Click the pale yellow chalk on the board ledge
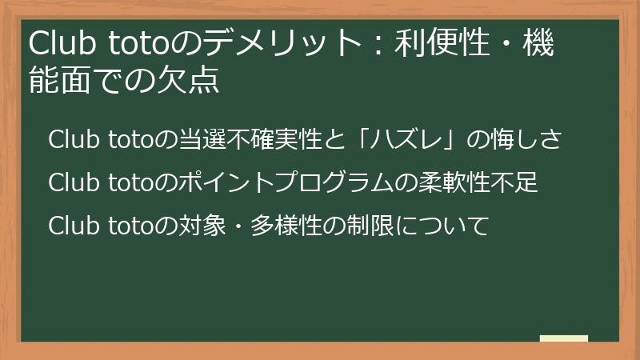[564, 338]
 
